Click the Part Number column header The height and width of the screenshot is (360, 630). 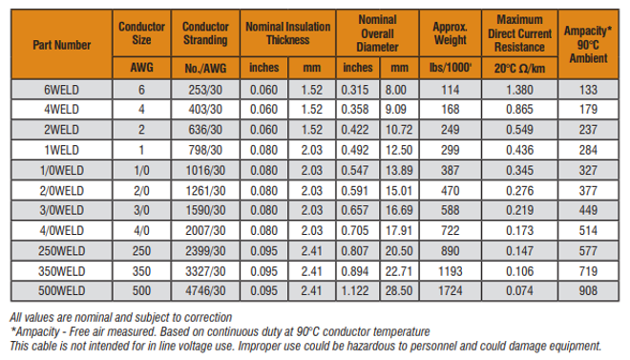pos(61,44)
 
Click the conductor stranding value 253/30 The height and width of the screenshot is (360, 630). pos(204,89)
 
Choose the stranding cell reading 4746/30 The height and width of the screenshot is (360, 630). pos(204,289)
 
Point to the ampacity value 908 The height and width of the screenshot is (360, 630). pos(588,289)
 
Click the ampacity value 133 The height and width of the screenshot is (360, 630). pos(588,89)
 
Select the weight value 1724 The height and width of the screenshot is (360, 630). pos(449,289)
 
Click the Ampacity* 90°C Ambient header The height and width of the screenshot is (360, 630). pos(588,44)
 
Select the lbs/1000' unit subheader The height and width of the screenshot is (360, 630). pos(449,68)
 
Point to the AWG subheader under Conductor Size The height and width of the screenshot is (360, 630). pos(140,68)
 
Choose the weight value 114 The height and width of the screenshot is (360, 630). pos(449,89)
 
